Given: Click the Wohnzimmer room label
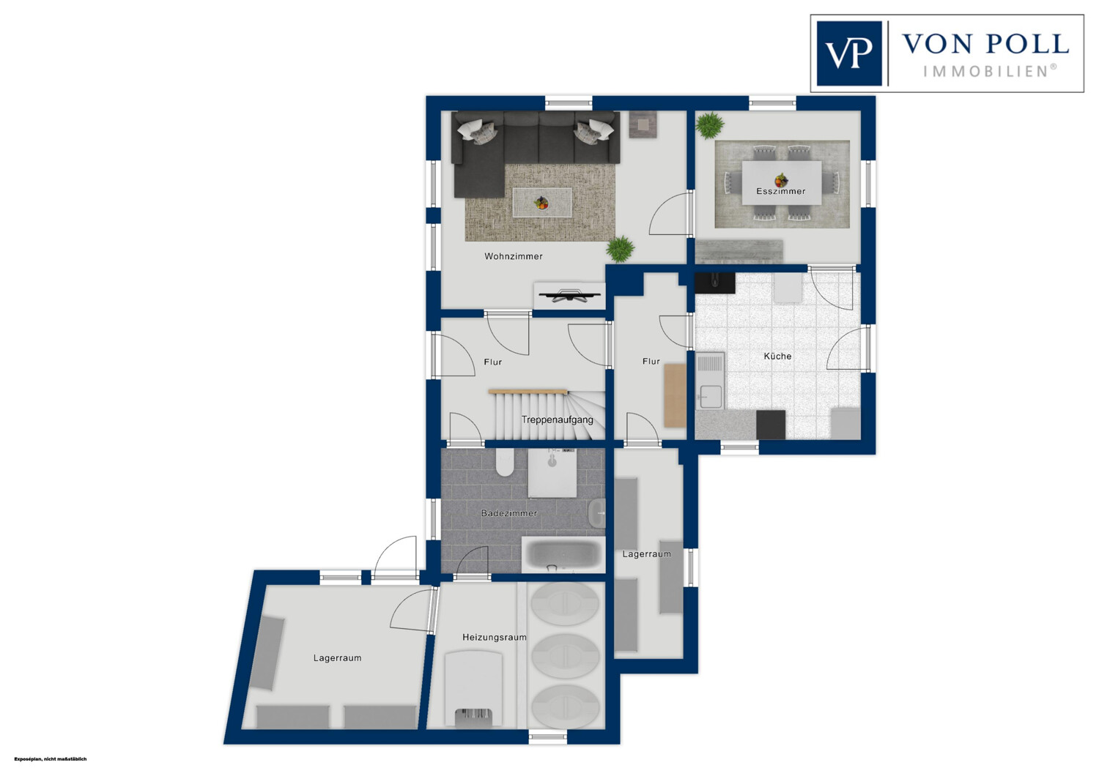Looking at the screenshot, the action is (513, 256).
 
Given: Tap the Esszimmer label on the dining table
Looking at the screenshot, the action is (780, 191).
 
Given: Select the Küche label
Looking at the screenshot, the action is (777, 357).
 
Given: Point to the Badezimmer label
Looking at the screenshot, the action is (508, 513).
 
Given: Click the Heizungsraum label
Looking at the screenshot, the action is (494, 637).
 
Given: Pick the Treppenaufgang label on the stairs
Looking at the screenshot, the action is (557, 419).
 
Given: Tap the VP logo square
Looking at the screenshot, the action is (848, 53).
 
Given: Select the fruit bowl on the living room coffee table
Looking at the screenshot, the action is (541, 203).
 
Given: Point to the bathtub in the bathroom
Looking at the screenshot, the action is (563, 554).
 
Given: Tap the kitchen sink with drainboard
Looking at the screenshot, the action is (709, 381).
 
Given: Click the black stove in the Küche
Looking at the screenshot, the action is (770, 425).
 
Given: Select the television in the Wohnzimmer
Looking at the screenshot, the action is (569, 296).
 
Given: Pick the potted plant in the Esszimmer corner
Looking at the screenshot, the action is (709, 125).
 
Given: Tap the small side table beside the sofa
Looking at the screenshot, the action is (643, 125).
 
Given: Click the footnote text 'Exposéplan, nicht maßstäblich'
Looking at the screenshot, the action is (51, 759).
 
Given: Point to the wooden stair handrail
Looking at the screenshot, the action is (528, 392).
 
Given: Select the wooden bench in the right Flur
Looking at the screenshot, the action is (675, 395).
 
